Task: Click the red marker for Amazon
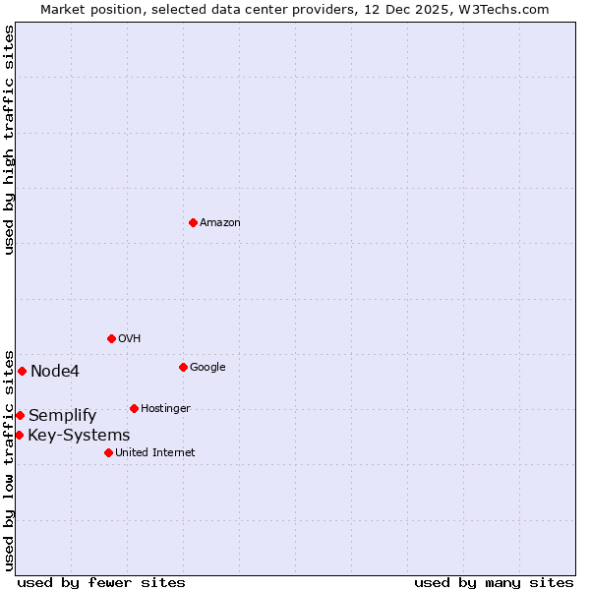tap(193, 222)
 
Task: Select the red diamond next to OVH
tap(111, 338)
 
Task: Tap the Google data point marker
tap(183, 367)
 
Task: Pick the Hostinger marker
tap(134, 408)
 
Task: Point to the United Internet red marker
tap(108, 452)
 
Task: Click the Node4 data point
tap(22, 371)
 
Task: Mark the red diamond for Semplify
tap(20, 415)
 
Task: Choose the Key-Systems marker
tap(19, 435)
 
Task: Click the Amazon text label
tap(220, 223)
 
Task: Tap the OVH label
tap(130, 339)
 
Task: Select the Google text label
tap(207, 368)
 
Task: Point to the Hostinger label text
tap(165, 409)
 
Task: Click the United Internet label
tap(155, 453)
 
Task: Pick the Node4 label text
tap(55, 372)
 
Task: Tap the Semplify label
tap(63, 416)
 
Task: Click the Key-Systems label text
tap(79, 436)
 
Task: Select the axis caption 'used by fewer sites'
tap(101, 582)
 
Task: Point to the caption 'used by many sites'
tap(494, 582)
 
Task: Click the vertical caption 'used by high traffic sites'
tap(9, 140)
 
